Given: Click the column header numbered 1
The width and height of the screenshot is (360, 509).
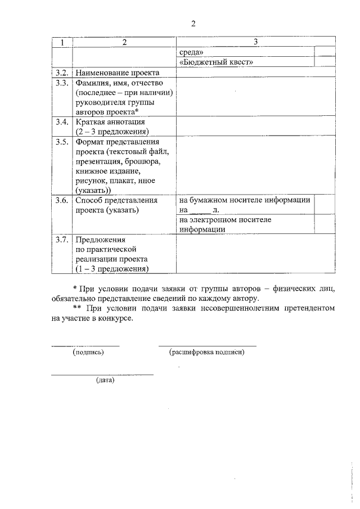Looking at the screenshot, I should [62, 42].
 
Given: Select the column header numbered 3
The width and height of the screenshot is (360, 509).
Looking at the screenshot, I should [255, 42].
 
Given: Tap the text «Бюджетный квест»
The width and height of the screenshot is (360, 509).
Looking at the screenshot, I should [216, 62].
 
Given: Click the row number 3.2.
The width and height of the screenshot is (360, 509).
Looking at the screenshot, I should [62, 73].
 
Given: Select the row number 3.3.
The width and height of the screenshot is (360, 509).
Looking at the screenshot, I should [62, 83].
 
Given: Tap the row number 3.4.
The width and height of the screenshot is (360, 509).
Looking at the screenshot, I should [62, 122].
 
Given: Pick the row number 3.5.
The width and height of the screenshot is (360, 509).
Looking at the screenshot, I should [62, 142].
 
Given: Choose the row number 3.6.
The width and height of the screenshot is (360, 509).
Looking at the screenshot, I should [62, 200].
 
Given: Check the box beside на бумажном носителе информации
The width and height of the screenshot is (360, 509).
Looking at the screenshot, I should [325, 205].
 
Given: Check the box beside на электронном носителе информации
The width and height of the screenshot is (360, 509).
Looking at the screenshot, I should [325, 224].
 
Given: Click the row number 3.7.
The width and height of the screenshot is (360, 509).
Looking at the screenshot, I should [62, 239].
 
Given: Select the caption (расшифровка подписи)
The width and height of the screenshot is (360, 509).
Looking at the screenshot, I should [207, 352].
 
